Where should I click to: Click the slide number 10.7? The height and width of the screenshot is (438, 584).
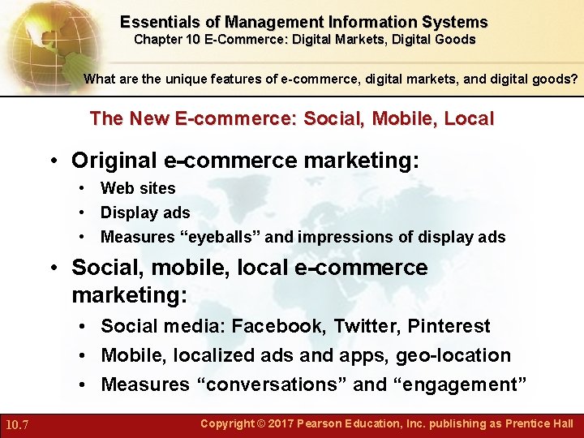(x=17, y=424)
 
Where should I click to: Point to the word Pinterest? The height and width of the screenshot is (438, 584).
(x=449, y=326)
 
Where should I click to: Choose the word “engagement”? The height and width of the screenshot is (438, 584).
(x=457, y=384)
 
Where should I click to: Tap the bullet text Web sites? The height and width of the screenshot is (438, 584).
(x=138, y=188)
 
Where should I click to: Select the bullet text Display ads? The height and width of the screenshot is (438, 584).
(x=145, y=213)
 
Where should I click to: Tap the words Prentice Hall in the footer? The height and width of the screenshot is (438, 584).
(x=539, y=423)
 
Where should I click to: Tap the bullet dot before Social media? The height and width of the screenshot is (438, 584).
(x=84, y=327)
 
